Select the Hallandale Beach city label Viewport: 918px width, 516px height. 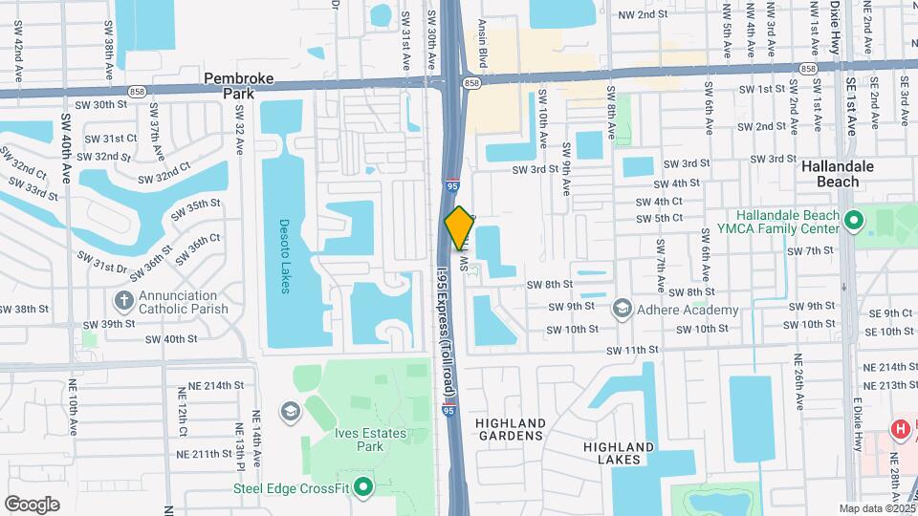pyautogui.click(x=838, y=173)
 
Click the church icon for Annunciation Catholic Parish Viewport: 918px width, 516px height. pyautogui.click(x=123, y=301)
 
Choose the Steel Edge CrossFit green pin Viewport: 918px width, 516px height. pyautogui.click(x=362, y=488)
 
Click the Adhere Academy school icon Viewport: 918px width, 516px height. pyautogui.click(x=623, y=309)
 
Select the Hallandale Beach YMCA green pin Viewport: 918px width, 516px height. pyautogui.click(x=854, y=221)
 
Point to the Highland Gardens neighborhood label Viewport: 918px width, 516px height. pyautogui.click(x=511, y=429)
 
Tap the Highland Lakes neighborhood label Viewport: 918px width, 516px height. pyautogui.click(x=619, y=453)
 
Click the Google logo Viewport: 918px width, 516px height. pyautogui.click(x=32, y=505)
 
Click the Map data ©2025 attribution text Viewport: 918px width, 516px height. pyautogui.click(x=876, y=508)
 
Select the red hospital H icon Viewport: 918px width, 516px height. pyautogui.click(x=899, y=429)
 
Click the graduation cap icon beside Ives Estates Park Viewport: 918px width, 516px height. pyautogui.click(x=288, y=412)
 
